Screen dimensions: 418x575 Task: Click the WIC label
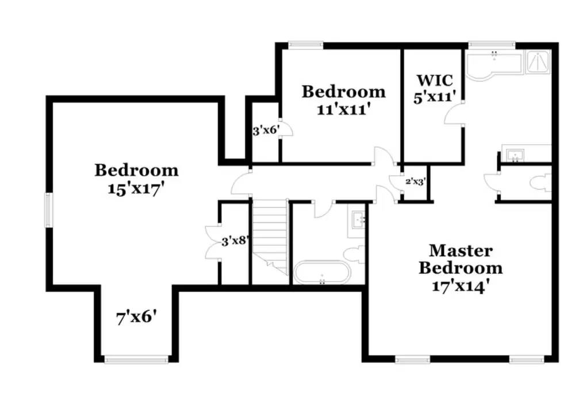click(x=435, y=80)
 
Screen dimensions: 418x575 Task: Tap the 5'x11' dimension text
click(x=435, y=96)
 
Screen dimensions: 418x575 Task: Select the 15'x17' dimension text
click(x=136, y=188)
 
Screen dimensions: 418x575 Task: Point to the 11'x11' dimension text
click(x=343, y=109)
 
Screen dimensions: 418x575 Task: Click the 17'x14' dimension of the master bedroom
click(x=460, y=285)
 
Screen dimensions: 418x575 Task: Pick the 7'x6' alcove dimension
click(x=137, y=316)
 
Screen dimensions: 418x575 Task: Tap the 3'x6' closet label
click(x=266, y=131)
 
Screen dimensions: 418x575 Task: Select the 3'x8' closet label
click(x=235, y=241)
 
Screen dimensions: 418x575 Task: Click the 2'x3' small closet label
click(x=415, y=181)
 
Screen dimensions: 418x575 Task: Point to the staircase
click(x=270, y=235)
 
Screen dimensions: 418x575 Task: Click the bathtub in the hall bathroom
click(x=323, y=272)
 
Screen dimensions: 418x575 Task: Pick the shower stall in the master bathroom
click(x=539, y=61)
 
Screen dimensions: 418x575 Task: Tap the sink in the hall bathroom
click(x=359, y=219)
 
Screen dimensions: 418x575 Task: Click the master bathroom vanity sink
click(x=515, y=154)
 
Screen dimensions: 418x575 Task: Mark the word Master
click(x=460, y=251)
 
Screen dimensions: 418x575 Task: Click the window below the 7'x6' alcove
click(x=136, y=360)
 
